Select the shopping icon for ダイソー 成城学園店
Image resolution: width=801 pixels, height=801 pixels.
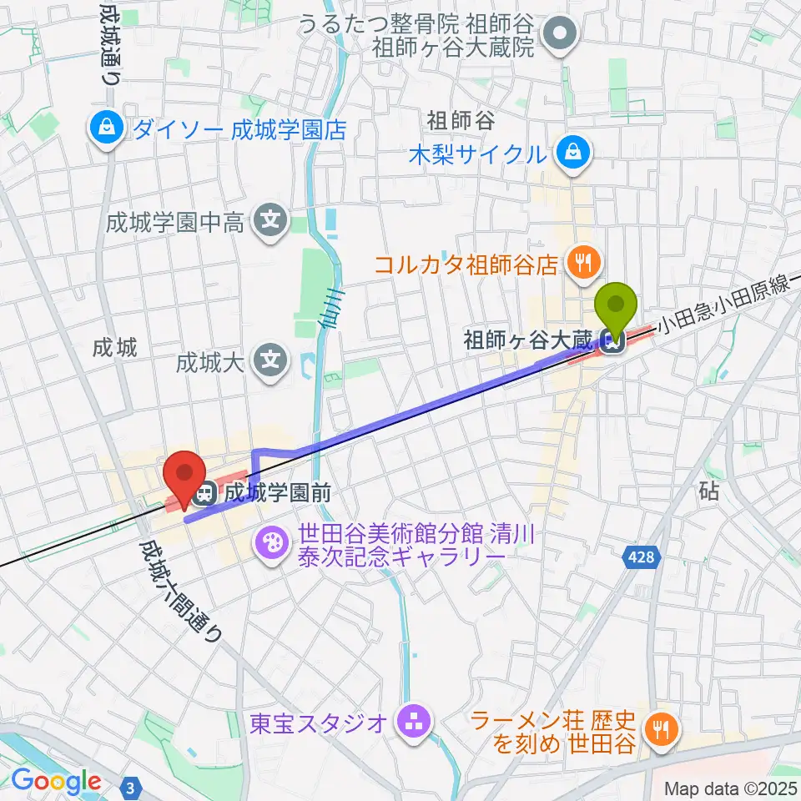coord(108,129)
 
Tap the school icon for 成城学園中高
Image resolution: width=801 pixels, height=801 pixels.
coord(270,222)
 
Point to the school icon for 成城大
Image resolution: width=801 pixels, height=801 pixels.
coord(270,362)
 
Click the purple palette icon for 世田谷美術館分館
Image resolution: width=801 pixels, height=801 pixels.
coord(273,544)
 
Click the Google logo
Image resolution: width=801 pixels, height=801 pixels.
coord(56,782)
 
